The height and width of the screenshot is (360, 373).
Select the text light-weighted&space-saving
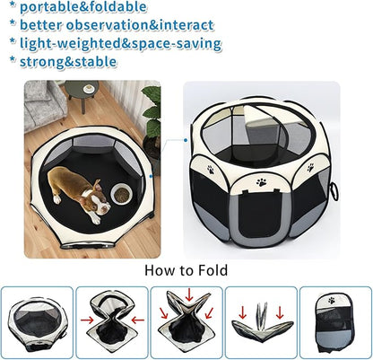pos(120,43)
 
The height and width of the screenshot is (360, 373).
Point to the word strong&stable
pos(72,62)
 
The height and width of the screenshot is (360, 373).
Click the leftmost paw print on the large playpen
pos(211,168)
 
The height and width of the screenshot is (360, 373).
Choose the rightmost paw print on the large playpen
pos(309,167)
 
